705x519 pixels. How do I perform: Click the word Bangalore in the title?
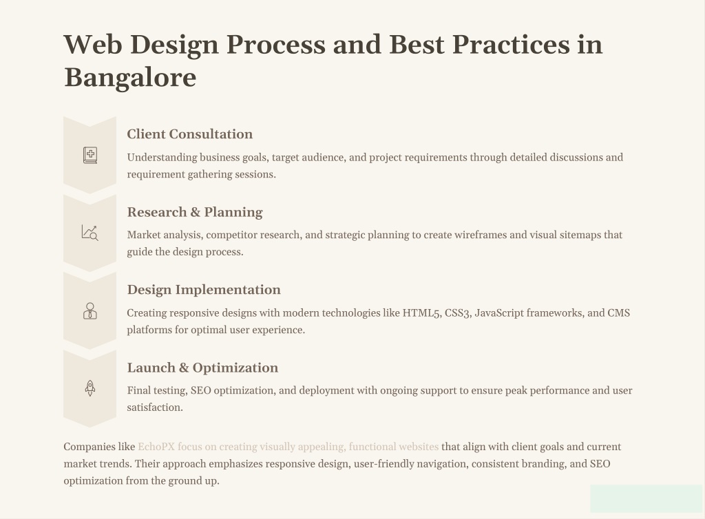[130, 78]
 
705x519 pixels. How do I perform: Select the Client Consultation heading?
[190, 134]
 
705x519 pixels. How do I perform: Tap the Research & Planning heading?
[195, 212]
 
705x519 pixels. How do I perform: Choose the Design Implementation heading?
[204, 290]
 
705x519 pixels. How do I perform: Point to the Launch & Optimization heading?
[202, 368]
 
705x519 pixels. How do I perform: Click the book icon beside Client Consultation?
[90, 155]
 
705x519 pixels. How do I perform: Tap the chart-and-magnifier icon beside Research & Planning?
[90, 233]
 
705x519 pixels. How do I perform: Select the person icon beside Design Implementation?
[90, 310]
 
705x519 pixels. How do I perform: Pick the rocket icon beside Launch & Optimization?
[90, 388]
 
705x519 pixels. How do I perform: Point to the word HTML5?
[421, 313]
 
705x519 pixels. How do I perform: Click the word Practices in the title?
[511, 45]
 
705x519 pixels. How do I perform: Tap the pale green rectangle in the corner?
[646, 498]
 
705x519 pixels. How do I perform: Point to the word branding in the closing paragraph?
[545, 464]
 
